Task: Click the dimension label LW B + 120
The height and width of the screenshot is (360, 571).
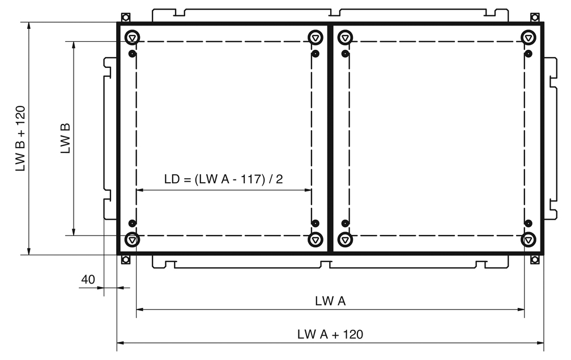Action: (20, 138)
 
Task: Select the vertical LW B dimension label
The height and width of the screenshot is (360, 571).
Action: (65, 138)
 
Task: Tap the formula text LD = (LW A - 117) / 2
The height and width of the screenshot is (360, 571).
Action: (223, 179)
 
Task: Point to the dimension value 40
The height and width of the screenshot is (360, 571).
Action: (88, 279)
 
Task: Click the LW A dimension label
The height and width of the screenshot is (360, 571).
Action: (330, 301)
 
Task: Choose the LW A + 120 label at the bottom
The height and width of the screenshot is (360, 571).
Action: (330, 335)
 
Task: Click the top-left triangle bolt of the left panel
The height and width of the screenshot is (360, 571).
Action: (132, 37)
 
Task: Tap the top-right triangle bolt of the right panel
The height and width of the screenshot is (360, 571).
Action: (528, 37)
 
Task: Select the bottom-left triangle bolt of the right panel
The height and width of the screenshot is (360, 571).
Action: (345, 239)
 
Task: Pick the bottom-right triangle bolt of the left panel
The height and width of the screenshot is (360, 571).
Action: (316, 239)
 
